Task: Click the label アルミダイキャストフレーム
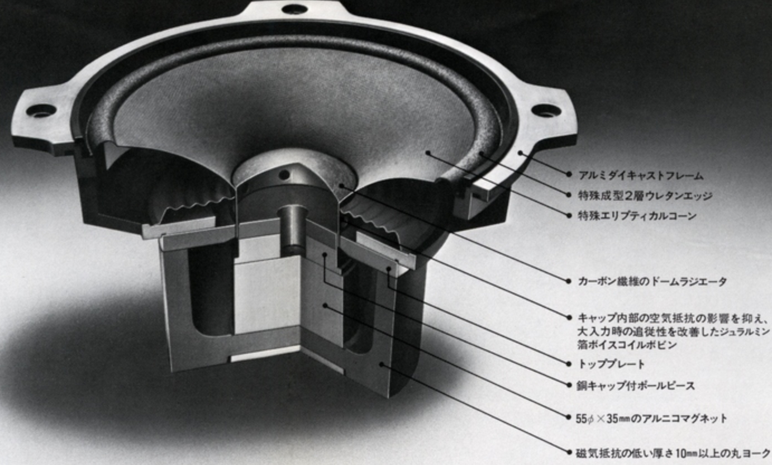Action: click(641, 175)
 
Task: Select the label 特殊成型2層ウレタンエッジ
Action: click(645, 196)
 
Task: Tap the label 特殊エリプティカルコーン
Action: click(637, 216)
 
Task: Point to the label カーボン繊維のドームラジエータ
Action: click(652, 282)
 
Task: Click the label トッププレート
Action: click(611, 364)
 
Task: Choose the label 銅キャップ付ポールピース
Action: click(636, 386)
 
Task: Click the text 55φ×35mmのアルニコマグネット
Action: click(651, 419)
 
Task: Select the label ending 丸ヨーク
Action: click(673, 453)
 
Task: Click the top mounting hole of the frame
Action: click(295, 8)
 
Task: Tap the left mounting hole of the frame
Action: click(41, 111)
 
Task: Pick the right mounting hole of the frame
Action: click(546, 110)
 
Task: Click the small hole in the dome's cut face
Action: click(284, 175)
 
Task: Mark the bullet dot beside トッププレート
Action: click(569, 364)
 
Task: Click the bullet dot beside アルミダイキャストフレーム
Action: click(569, 174)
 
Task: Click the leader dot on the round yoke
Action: click(382, 364)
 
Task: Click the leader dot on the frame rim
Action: click(521, 153)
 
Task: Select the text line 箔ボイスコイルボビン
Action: click(627, 345)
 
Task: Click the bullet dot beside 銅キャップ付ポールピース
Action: click(569, 386)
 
